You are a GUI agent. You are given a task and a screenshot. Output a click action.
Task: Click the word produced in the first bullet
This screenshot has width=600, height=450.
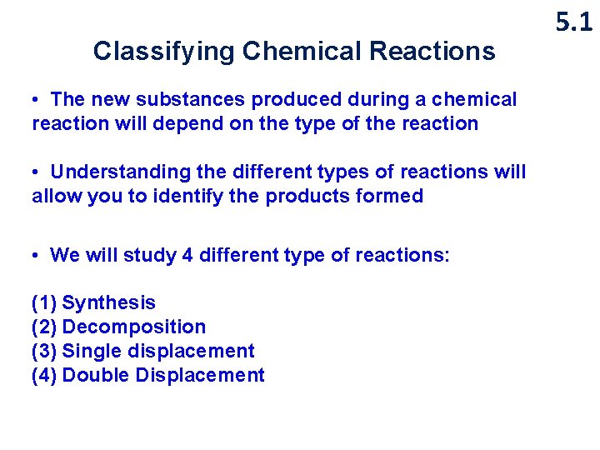[291, 100]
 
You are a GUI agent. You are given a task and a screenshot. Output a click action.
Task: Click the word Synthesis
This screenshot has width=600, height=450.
[108, 303]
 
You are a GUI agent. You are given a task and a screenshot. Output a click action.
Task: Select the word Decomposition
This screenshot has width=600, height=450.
[133, 327]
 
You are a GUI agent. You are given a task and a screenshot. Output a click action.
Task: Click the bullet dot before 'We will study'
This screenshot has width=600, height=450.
[37, 255]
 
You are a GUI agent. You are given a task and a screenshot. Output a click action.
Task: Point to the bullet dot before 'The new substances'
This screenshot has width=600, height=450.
[37, 100]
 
